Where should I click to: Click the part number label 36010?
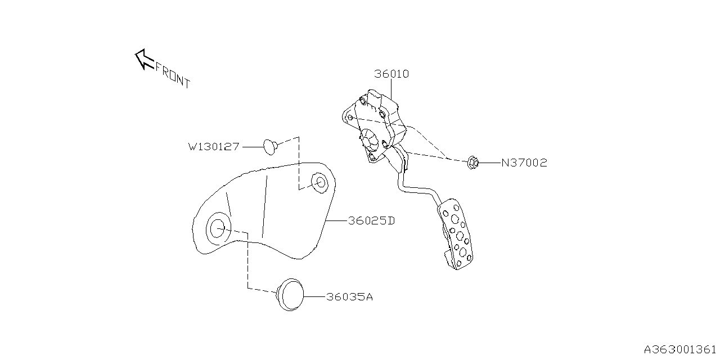(x=391, y=74)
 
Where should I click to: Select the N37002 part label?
(x=524, y=163)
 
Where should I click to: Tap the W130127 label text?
(x=214, y=147)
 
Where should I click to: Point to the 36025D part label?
(x=371, y=221)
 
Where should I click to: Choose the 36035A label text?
(x=349, y=297)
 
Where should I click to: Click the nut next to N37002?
(x=472, y=163)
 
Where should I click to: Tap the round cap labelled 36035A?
(x=291, y=294)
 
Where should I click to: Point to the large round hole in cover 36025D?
(x=218, y=228)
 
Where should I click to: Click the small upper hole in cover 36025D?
(x=319, y=183)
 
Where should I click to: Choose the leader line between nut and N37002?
(x=489, y=163)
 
